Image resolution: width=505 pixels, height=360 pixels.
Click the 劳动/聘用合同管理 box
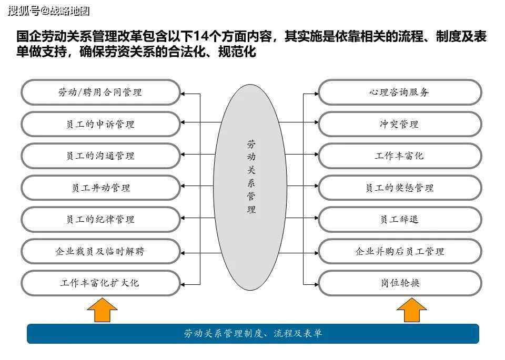click(100, 92)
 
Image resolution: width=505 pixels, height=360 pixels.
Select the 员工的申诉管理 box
click(100, 124)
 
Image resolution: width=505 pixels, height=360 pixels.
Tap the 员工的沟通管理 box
click(100, 156)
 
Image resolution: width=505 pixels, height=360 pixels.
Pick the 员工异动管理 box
click(100, 188)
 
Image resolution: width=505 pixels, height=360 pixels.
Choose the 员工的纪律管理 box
click(100, 219)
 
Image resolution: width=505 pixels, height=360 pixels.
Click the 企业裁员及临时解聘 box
click(100, 251)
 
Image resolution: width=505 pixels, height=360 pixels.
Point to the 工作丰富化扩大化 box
click(100, 283)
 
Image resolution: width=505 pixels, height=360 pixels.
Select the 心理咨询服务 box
click(400, 92)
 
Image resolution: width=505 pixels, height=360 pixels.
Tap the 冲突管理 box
click(400, 124)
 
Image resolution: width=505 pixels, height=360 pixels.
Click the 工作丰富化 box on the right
click(400, 156)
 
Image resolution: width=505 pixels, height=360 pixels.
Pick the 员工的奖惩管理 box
click(400, 188)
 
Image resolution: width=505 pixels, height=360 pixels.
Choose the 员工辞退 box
click(400, 219)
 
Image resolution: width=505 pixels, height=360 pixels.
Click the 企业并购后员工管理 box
click(400, 251)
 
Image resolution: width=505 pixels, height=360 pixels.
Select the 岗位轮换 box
click(400, 283)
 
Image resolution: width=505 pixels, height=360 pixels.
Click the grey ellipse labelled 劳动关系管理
click(250, 187)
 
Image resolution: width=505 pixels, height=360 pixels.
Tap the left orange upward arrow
click(102, 310)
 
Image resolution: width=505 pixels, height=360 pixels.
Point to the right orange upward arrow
click(411, 310)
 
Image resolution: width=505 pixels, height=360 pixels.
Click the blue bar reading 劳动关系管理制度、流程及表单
click(253, 334)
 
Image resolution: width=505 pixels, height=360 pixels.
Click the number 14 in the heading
click(201, 36)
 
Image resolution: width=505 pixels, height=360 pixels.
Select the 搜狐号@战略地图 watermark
click(48, 11)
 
